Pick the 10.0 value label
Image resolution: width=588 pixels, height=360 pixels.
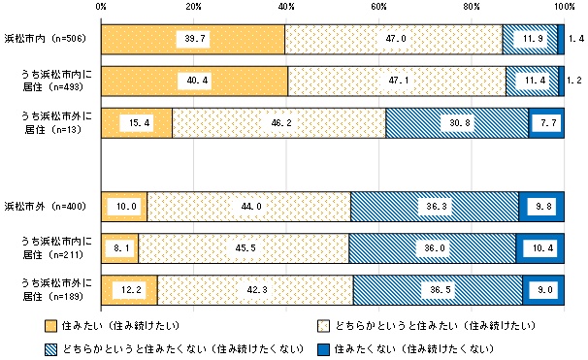[x=124, y=207]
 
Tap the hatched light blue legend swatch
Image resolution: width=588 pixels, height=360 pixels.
[x=51, y=346]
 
